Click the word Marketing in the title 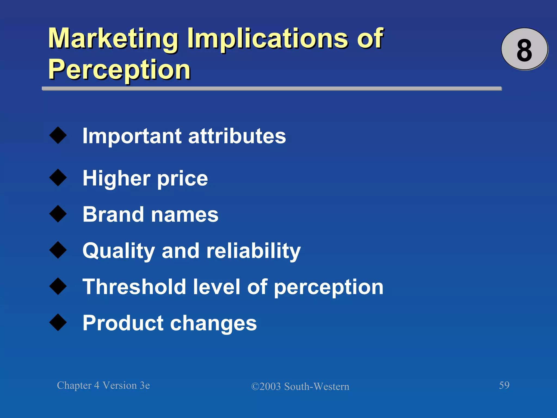point(113,39)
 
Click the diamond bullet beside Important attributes point(58,135)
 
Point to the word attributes point(237,136)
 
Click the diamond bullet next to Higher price point(58,178)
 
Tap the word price point(182,179)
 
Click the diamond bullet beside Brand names point(58,214)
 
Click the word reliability point(253,251)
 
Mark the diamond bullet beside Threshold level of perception point(58,286)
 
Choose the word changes point(213,324)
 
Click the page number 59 point(504,385)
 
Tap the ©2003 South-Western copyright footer point(300,386)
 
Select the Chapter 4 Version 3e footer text point(103,385)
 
